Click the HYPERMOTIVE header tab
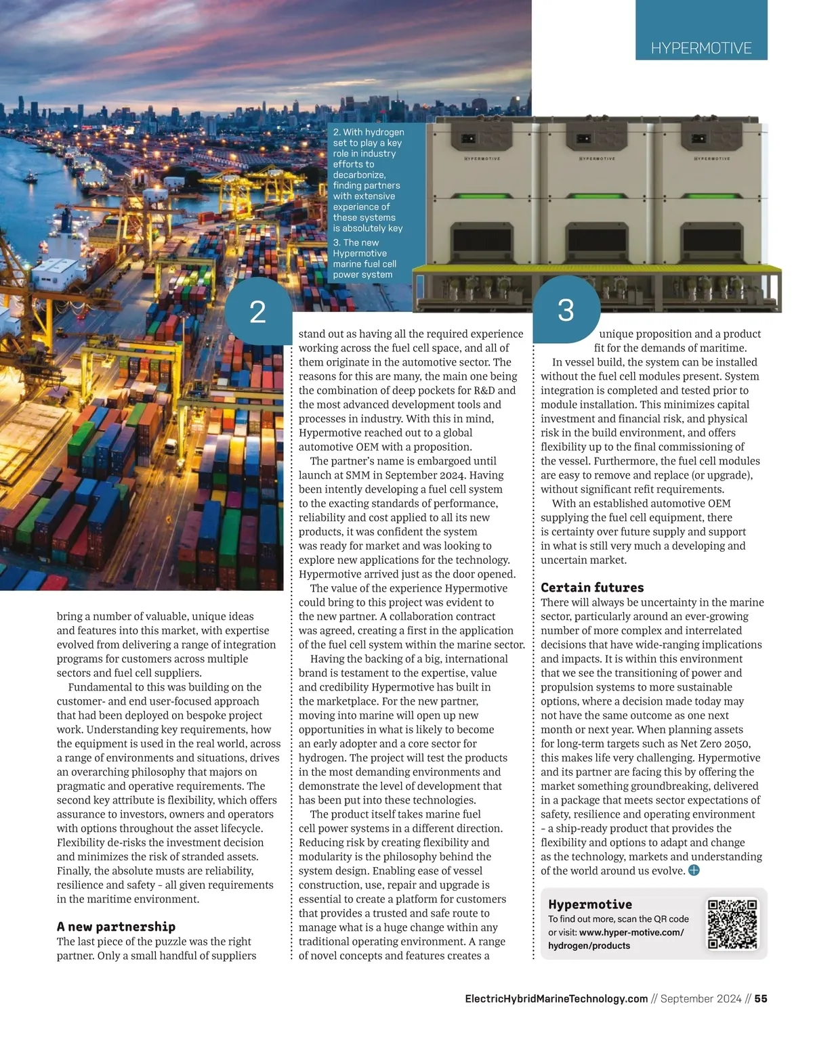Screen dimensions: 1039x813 click(701, 47)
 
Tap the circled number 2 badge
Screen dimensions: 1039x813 click(258, 312)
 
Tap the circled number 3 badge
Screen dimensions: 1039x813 click(566, 310)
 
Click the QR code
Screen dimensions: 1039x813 click(732, 924)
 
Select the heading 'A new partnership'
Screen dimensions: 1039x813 click(116, 927)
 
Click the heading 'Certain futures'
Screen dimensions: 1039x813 click(592, 588)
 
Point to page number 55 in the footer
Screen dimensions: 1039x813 click(761, 998)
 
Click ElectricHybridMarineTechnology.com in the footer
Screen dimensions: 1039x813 click(556, 998)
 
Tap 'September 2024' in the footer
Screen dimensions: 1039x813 click(701, 998)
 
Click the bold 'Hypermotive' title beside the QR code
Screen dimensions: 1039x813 click(590, 904)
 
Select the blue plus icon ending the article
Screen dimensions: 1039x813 click(694, 870)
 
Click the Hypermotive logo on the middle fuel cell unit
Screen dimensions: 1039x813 click(597, 158)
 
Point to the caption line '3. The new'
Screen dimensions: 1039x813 click(356, 242)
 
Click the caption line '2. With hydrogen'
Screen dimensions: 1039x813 click(369, 132)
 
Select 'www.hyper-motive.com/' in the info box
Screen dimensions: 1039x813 click(631, 932)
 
